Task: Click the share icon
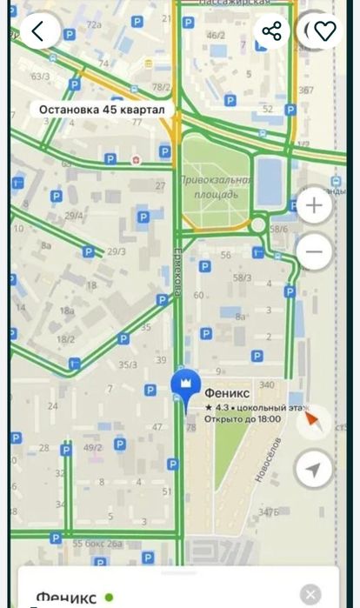(272, 31)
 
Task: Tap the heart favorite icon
(324, 31)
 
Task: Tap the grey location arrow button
(313, 470)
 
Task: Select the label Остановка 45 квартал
(101, 110)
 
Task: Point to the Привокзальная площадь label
(216, 187)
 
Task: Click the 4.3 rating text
(217, 406)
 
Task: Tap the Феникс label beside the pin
(227, 392)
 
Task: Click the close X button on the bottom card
(310, 595)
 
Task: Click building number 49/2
(92, 448)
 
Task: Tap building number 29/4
(74, 215)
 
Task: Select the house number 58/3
(243, 277)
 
